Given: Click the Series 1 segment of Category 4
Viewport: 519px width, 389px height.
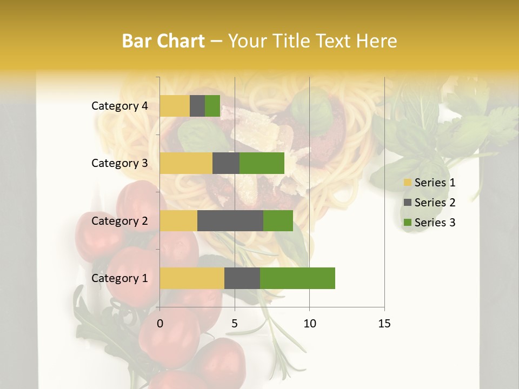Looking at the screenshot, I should click(x=175, y=106).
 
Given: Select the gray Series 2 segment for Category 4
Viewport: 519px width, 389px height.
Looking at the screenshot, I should click(x=197, y=106).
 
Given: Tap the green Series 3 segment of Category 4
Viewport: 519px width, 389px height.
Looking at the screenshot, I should click(x=212, y=106).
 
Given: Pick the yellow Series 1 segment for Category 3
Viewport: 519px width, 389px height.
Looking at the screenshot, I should click(x=186, y=163).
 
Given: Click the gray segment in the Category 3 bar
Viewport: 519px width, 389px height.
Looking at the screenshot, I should click(x=226, y=163).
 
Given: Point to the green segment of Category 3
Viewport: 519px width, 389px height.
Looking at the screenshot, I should click(x=262, y=163).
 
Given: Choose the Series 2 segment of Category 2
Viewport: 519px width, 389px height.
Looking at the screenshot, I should click(x=230, y=220).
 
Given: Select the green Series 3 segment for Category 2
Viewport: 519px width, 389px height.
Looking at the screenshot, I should click(x=278, y=220).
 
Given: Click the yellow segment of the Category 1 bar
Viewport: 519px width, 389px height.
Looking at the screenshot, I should click(x=192, y=278).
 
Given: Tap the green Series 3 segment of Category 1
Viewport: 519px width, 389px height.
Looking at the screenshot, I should click(x=297, y=278).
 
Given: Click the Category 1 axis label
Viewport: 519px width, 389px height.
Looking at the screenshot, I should click(x=119, y=278).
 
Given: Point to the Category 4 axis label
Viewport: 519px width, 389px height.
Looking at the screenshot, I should click(x=119, y=106).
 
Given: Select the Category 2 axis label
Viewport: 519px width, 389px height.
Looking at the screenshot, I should click(x=119, y=220).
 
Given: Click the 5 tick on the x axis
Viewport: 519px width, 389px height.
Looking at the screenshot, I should click(x=235, y=324).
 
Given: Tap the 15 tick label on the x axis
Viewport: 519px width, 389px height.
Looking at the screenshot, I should click(x=384, y=324).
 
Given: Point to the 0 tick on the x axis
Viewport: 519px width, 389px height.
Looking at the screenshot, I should click(x=160, y=324).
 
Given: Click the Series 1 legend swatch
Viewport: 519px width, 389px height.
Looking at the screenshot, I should click(x=407, y=183).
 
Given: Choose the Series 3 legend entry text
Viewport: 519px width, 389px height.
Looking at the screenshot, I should click(x=435, y=223).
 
